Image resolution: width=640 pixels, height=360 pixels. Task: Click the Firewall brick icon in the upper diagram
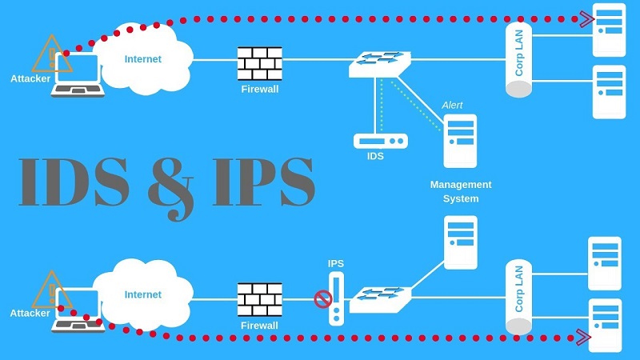pyautogui.click(x=259, y=62)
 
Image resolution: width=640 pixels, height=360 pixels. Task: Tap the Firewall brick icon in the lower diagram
pyautogui.click(x=259, y=299)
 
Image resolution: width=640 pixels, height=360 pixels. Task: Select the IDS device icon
pyautogui.click(x=380, y=141)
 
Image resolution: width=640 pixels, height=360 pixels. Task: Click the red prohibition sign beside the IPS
pyautogui.click(x=323, y=299)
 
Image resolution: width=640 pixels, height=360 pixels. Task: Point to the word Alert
pyautogui.click(x=452, y=105)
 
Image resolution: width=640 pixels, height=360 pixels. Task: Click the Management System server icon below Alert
pyautogui.click(x=460, y=141)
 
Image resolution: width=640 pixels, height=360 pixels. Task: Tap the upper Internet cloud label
pyautogui.click(x=143, y=59)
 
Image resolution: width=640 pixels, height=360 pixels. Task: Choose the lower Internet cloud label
pyautogui.click(x=143, y=294)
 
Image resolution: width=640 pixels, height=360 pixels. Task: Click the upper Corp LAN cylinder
pyautogui.click(x=518, y=60)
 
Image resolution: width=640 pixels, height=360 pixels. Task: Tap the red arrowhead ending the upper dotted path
pyautogui.click(x=587, y=17)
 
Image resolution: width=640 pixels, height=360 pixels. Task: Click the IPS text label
pyautogui.click(x=336, y=262)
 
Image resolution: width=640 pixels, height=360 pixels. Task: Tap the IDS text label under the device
pyautogui.click(x=374, y=157)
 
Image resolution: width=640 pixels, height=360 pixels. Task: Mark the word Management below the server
pyautogui.click(x=460, y=185)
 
